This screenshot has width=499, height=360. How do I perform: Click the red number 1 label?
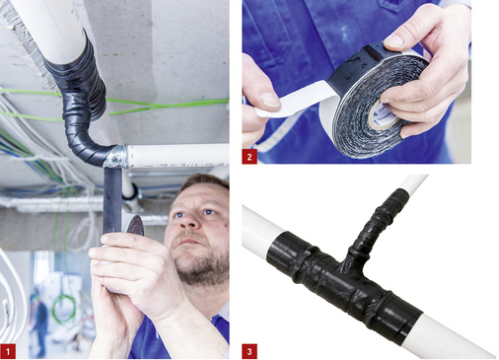9,350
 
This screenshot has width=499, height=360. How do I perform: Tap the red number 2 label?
249,155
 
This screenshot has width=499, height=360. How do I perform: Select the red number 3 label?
249,350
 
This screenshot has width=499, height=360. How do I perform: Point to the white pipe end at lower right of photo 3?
463,340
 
